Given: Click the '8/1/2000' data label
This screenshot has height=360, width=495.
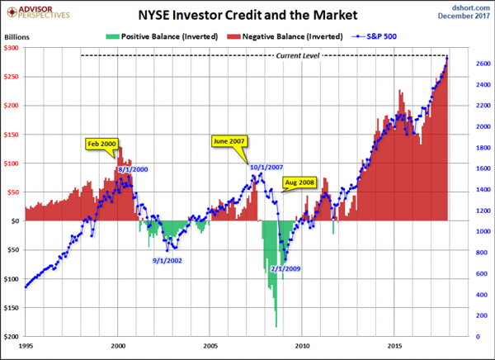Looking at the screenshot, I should pyautogui.click(x=134, y=169).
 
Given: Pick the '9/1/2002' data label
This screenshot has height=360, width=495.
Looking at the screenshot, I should pyautogui.click(x=168, y=260).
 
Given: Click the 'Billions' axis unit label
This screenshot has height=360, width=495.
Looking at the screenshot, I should pyautogui.click(x=16, y=37).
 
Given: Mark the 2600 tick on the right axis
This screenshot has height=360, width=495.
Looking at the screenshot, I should pyautogui.click(x=462, y=64).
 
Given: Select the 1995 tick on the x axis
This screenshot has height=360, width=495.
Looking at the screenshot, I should pyautogui.click(x=26, y=345).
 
